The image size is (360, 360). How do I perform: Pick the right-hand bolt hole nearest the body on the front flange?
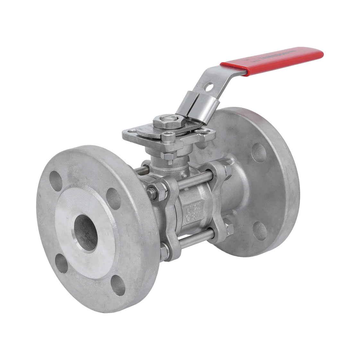tap(113, 194)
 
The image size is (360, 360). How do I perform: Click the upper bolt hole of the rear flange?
tap(258, 152)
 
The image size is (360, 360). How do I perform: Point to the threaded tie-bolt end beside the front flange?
tap(150, 193)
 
